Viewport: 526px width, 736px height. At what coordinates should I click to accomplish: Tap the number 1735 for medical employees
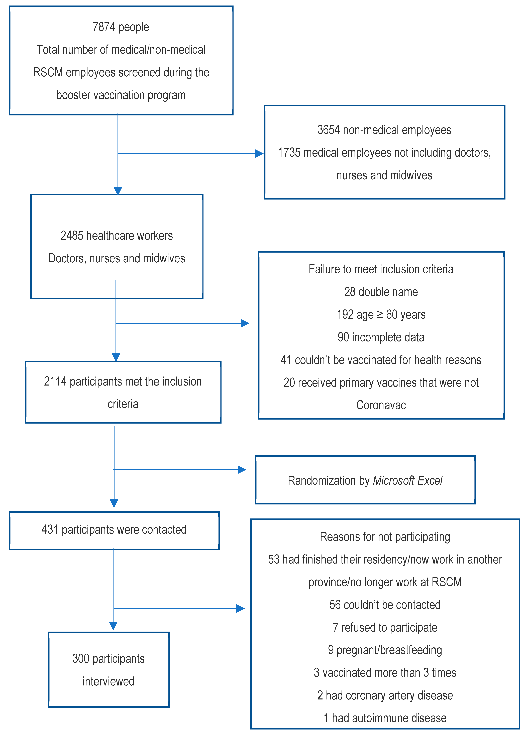[x=289, y=152]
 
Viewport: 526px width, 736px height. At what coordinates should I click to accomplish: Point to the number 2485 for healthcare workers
[x=72, y=236]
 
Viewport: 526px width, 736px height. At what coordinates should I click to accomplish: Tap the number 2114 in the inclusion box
[x=55, y=382]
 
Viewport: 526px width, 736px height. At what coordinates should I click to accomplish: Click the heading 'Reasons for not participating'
[x=385, y=537]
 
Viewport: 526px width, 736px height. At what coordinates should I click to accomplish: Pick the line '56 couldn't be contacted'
[x=385, y=605]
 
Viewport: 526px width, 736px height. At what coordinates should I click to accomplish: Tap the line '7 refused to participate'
[x=385, y=627]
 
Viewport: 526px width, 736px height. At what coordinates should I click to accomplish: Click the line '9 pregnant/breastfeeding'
[x=385, y=650]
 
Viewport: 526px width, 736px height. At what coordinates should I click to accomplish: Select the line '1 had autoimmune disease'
[x=385, y=718]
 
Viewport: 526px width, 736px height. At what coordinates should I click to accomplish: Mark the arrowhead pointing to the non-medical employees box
[x=259, y=153]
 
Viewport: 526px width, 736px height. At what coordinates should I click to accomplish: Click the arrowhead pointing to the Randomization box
[x=242, y=469]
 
